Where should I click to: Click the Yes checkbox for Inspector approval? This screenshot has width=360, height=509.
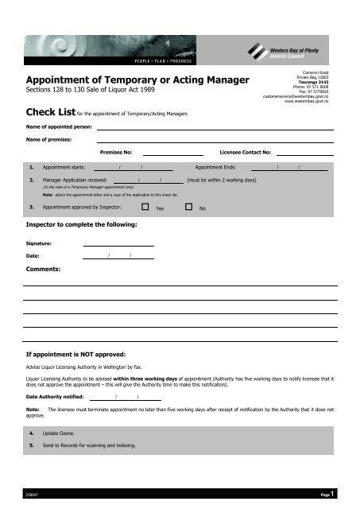(x=145, y=208)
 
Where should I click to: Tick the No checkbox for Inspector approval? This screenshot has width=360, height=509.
(x=188, y=208)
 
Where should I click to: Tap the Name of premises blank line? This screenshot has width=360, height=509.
(x=215, y=140)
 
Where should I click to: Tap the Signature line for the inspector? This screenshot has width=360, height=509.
(x=118, y=244)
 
